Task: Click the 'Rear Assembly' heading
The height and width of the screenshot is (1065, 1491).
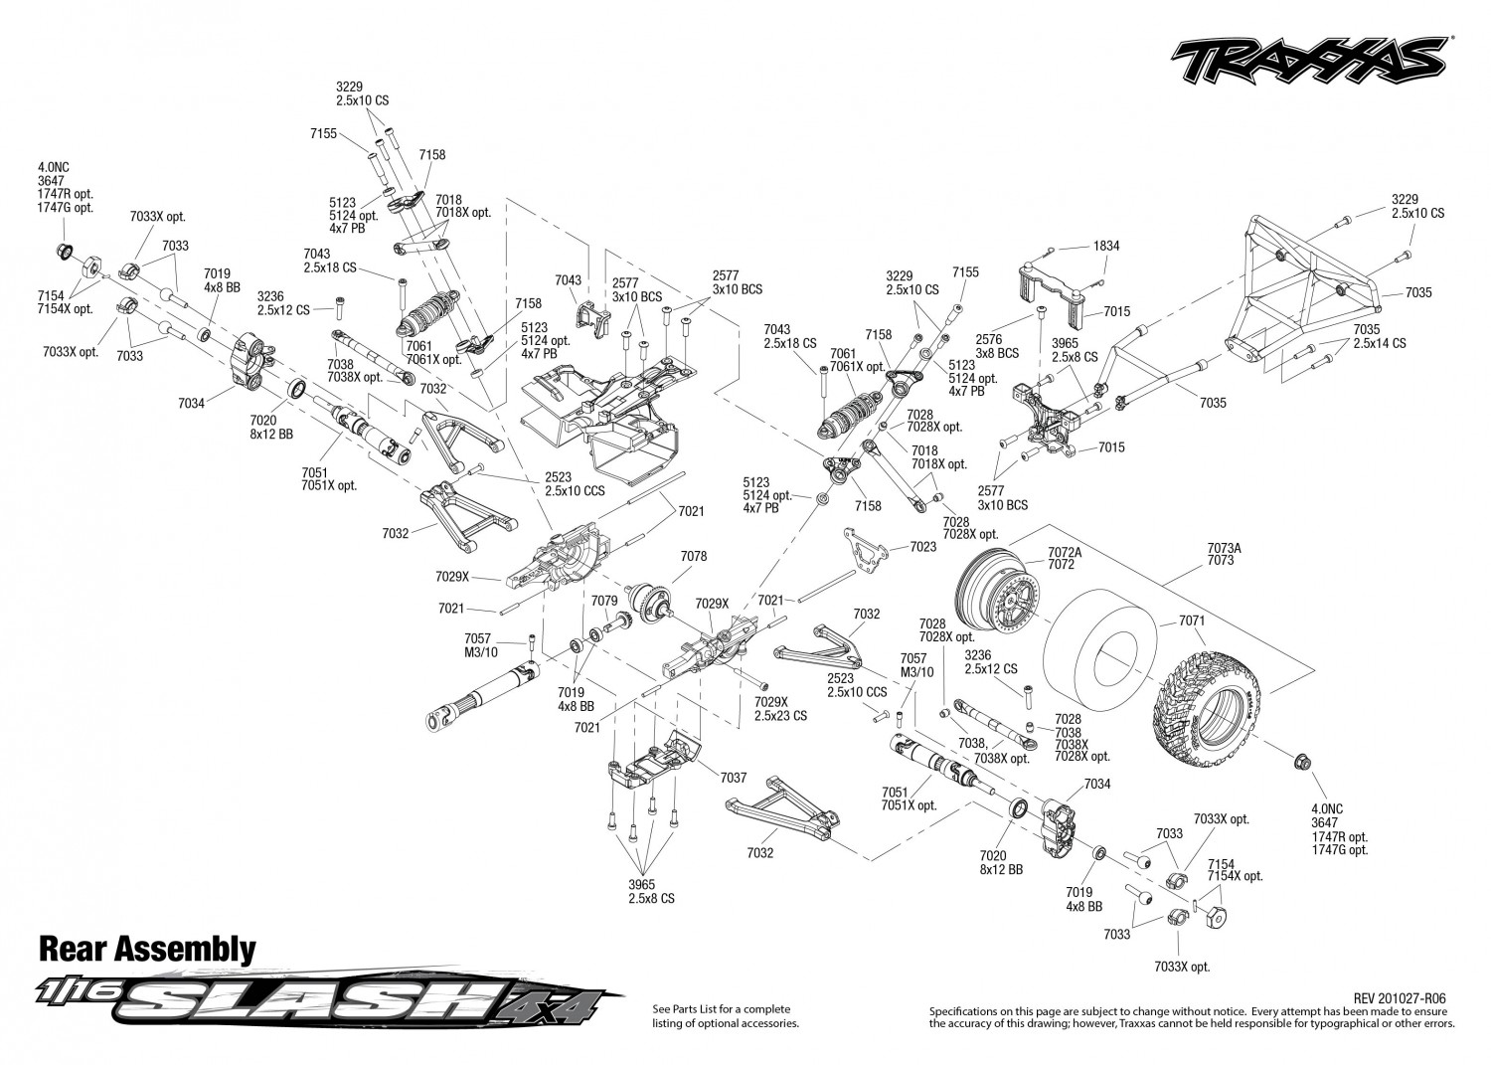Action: (x=147, y=949)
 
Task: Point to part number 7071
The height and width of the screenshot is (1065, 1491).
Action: (x=1192, y=621)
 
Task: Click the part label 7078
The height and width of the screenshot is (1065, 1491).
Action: (x=694, y=556)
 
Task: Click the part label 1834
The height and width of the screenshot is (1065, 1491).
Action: (x=1106, y=246)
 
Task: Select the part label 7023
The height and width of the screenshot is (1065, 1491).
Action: (x=922, y=547)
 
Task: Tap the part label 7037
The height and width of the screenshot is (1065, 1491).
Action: (x=733, y=778)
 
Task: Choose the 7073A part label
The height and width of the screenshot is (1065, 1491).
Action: (x=1224, y=548)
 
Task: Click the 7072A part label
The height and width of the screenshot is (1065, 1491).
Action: (x=1065, y=552)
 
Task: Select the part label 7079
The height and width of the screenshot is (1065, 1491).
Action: (x=604, y=601)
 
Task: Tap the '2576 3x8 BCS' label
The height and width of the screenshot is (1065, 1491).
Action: (x=997, y=346)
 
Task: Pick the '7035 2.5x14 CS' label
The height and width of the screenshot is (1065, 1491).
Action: (x=1380, y=336)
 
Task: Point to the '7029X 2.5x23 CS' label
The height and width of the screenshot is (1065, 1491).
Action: (x=780, y=709)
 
